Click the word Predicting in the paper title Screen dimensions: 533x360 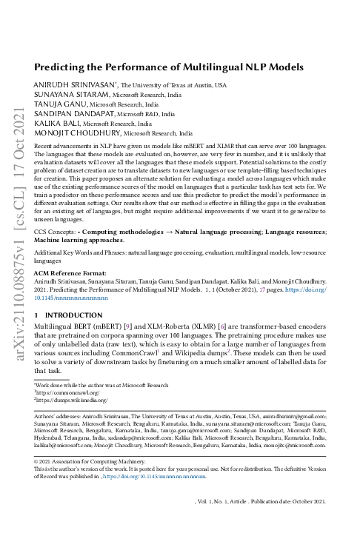pyautogui.click(x=61, y=66)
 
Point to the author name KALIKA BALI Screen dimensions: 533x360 pyautogui.click(x=56, y=124)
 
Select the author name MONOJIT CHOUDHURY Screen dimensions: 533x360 pyautogui.click(x=77, y=134)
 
